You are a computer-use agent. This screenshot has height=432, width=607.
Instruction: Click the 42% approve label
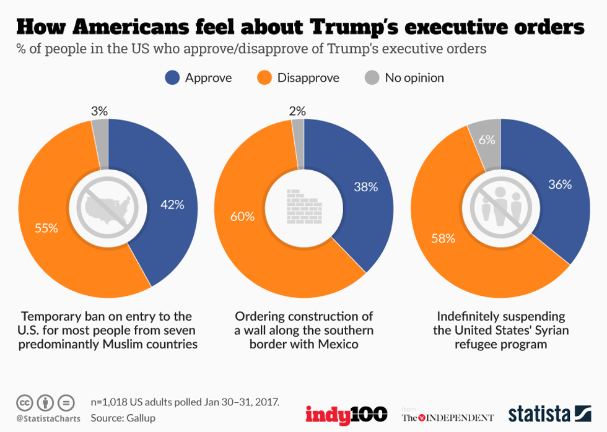[x=172, y=205]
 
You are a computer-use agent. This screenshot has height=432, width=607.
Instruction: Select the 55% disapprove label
[x=46, y=228]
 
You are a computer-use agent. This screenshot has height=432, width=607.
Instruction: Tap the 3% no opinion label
[x=99, y=111]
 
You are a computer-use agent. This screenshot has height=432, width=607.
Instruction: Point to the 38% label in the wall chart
[x=365, y=187]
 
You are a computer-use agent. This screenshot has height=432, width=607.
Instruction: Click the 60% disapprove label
[x=242, y=216]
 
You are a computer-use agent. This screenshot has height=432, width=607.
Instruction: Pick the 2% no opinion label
[x=297, y=111]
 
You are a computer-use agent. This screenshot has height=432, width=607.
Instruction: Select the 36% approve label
[x=560, y=184]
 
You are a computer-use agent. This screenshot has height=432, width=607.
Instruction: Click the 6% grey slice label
[x=486, y=140]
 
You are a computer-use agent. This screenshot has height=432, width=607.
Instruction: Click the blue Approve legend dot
[x=173, y=78]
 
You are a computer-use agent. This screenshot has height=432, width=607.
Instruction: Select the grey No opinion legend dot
[x=371, y=78]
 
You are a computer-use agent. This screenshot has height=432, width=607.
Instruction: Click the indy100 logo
[x=346, y=414]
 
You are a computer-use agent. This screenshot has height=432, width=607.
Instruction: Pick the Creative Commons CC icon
[x=25, y=403]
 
